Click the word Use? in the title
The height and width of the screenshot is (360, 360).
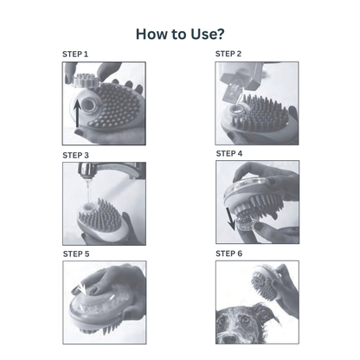207,34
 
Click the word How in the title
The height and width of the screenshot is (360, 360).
152,34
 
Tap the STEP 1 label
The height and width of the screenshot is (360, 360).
75,55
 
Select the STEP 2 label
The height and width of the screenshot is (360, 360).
228,54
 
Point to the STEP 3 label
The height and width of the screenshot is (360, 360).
75,156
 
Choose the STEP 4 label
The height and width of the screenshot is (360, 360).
229,154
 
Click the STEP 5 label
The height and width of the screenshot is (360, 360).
76,254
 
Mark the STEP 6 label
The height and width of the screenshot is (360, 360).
229,254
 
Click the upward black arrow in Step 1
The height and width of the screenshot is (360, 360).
77,113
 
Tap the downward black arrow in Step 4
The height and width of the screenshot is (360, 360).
230,219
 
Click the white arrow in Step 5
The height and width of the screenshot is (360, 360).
82,288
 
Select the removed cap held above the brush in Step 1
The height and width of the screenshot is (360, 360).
82,80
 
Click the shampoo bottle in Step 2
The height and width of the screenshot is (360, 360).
241,77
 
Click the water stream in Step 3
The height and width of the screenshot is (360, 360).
89,191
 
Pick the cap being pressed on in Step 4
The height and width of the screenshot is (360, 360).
245,224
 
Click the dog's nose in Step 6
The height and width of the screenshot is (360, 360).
229,339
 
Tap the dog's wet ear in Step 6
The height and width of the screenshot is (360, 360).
266,314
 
